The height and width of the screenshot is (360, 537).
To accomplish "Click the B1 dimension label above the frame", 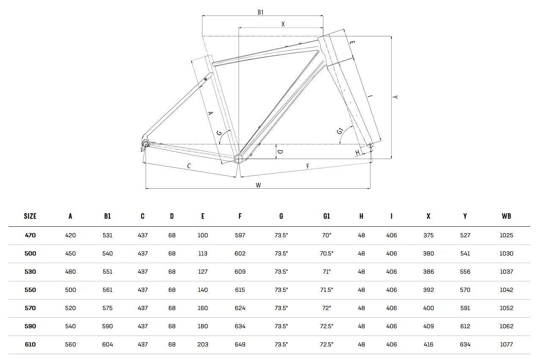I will (x=261, y=12).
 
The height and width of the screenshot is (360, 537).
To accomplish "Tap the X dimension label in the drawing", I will (x=283, y=24).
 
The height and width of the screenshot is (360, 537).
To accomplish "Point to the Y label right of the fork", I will (x=395, y=97).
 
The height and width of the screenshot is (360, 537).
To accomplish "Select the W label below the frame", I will (x=258, y=185).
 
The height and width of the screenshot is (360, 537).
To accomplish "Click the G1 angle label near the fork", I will (x=341, y=131).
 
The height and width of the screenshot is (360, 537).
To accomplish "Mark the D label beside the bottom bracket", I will (x=280, y=151).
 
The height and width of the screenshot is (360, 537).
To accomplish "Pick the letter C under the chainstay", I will (x=189, y=166).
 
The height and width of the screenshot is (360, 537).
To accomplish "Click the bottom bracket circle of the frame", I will (x=238, y=159).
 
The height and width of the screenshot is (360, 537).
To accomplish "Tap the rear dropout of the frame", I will (x=146, y=144).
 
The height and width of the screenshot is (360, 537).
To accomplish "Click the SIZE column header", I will (x=30, y=216).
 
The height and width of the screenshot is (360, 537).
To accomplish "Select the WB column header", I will (x=506, y=216).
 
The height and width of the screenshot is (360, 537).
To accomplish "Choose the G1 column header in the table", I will (x=326, y=216).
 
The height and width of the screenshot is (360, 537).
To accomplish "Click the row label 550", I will (x=30, y=290).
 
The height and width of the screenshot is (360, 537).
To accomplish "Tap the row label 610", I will (x=30, y=344).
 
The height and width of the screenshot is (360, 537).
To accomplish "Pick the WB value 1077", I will (x=506, y=344).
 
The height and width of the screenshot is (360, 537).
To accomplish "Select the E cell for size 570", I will (x=203, y=308).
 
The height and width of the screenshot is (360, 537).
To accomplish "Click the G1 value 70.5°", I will (x=326, y=253).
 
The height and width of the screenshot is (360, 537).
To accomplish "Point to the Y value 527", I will (x=465, y=235).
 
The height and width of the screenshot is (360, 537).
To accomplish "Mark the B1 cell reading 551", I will (x=107, y=272).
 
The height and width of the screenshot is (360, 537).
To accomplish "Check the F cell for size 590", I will (x=240, y=326).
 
